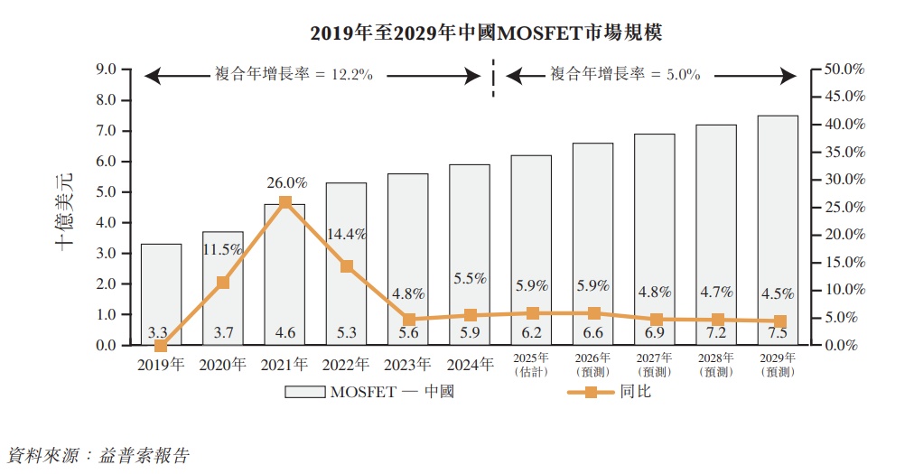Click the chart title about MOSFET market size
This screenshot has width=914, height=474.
[x=486, y=34]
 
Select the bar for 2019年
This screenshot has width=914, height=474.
[x=161, y=293]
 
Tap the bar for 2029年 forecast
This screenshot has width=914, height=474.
[x=778, y=230]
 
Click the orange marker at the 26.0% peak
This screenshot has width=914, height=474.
[x=285, y=202]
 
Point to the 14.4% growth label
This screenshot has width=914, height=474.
[x=348, y=234]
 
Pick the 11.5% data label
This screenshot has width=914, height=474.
[x=222, y=248]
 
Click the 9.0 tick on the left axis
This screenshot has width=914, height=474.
[x=107, y=70]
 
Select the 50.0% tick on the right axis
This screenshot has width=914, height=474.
[x=845, y=70]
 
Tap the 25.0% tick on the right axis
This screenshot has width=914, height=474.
[x=845, y=208]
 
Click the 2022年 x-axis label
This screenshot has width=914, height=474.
[x=347, y=365]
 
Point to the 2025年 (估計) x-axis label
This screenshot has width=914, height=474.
[x=532, y=365]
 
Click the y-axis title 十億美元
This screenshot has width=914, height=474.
[x=66, y=209]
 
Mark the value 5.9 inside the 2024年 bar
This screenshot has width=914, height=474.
[x=470, y=332]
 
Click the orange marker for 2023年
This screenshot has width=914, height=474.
[x=409, y=320]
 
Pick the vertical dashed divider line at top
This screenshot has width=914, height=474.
[x=493, y=77]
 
